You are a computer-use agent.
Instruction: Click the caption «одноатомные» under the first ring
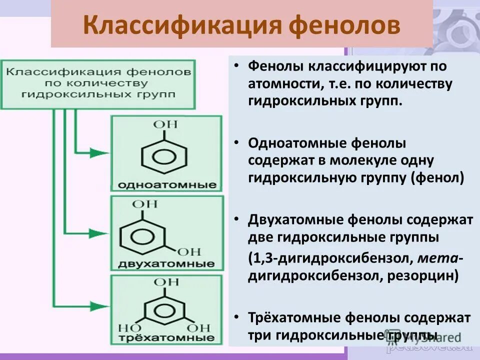167,185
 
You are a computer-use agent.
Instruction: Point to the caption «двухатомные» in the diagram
166,263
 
